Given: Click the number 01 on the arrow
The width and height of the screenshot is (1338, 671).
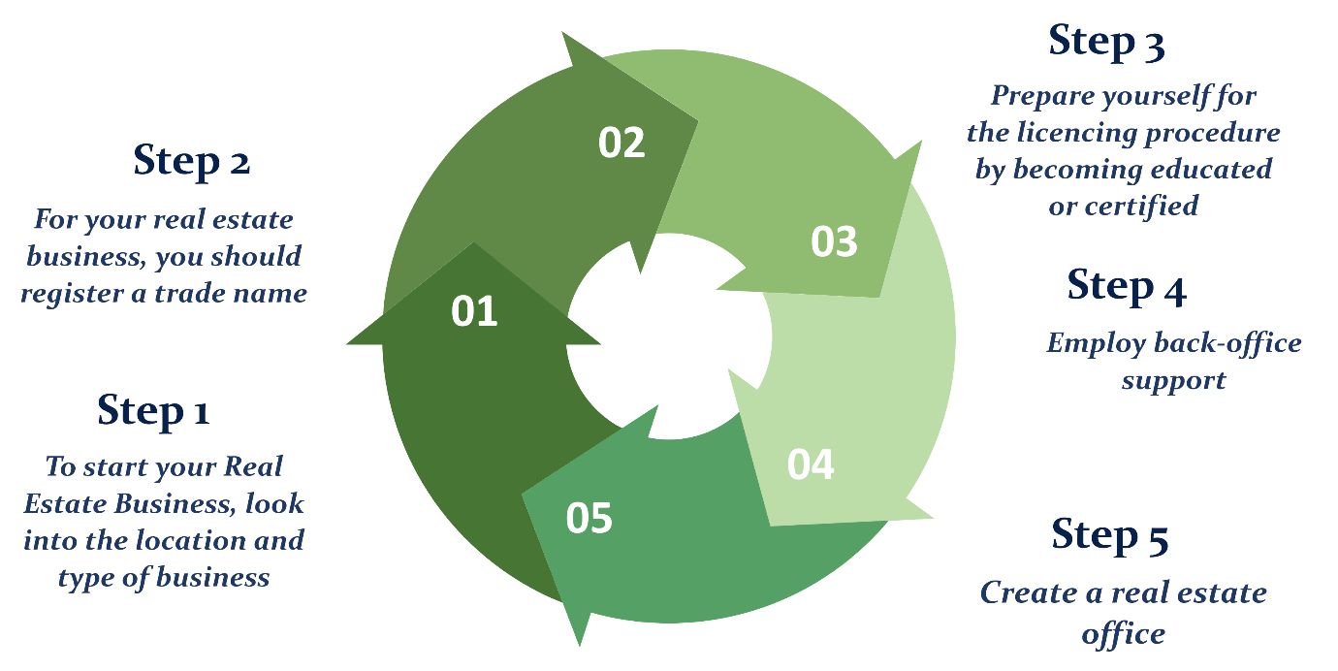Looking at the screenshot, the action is pyautogui.click(x=474, y=311).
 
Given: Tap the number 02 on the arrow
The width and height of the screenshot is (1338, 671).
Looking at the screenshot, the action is pyautogui.click(x=621, y=143).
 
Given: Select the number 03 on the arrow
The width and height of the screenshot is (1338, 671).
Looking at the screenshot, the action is pyautogui.click(x=834, y=242).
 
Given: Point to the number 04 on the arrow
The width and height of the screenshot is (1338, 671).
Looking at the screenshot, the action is pyautogui.click(x=811, y=464).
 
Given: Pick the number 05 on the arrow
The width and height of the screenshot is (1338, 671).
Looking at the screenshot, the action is pyautogui.click(x=589, y=518).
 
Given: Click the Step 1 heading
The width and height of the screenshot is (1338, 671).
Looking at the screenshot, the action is pyautogui.click(x=153, y=410).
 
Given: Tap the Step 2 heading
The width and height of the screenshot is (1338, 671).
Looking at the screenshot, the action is pyautogui.click(x=192, y=161).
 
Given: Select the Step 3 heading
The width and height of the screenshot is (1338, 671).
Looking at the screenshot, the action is pyautogui.click(x=1107, y=42).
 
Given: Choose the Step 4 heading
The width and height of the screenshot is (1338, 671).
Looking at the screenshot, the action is pyautogui.click(x=1127, y=286).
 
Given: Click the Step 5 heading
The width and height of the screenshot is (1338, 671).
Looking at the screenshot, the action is pyautogui.click(x=1110, y=535).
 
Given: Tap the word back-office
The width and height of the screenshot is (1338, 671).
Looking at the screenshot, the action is pyautogui.click(x=1227, y=343).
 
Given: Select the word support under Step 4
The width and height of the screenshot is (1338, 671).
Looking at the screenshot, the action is pyautogui.click(x=1174, y=381).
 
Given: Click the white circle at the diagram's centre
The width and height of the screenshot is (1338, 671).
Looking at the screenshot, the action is pyautogui.click(x=669, y=335).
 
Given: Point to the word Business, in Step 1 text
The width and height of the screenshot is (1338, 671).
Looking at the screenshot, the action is pyautogui.click(x=175, y=503).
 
